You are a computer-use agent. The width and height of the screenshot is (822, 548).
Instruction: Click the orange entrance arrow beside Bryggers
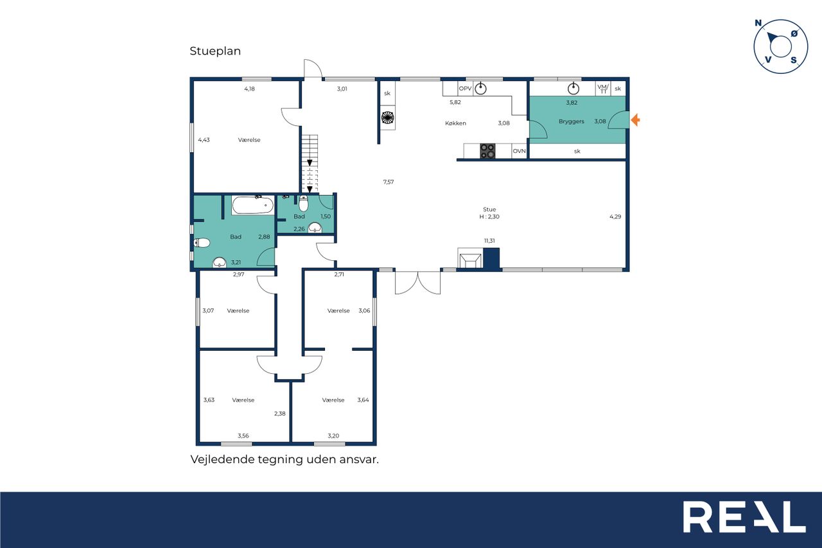pyautogui.click(x=635, y=120)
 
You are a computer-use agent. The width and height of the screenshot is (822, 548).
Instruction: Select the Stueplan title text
pyautogui.click(x=215, y=51)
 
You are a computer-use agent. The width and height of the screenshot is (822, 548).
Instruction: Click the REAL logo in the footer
pyautogui.click(x=744, y=517)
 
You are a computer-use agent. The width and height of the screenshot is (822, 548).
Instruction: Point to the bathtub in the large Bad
pyautogui.click(x=253, y=205)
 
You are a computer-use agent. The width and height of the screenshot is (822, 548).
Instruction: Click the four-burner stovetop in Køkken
pyautogui.click(x=487, y=151)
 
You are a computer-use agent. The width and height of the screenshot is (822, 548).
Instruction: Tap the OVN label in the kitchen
pyautogui.click(x=519, y=151)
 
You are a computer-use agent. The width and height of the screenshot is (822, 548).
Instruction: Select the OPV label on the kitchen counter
pyautogui.click(x=465, y=89)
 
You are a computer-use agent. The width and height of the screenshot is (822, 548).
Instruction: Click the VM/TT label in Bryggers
pyautogui.click(x=602, y=89)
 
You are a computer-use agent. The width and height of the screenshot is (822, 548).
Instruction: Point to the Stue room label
pyautogui.click(x=489, y=209)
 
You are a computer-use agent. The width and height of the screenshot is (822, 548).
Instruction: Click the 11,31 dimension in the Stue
pyautogui.click(x=489, y=241)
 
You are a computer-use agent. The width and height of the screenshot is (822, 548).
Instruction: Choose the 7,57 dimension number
pyautogui.click(x=389, y=182)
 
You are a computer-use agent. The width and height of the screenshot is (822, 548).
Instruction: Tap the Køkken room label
pyautogui.click(x=455, y=123)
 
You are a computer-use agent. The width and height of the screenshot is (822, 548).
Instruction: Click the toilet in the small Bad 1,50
pyautogui.click(x=304, y=204)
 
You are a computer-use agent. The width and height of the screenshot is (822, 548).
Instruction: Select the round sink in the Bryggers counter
pyautogui.click(x=573, y=89)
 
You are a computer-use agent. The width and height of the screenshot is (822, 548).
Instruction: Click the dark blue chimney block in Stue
pyautogui.click(x=491, y=258)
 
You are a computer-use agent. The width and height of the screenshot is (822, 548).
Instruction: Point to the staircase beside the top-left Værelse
pyautogui.click(x=310, y=164)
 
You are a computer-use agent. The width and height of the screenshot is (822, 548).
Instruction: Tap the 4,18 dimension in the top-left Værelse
pyautogui.click(x=249, y=89)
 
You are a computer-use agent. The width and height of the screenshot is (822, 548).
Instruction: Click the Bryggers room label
pyautogui.click(x=571, y=121)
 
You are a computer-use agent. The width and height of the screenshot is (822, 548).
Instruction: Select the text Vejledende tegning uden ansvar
pyautogui.click(x=284, y=459)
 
